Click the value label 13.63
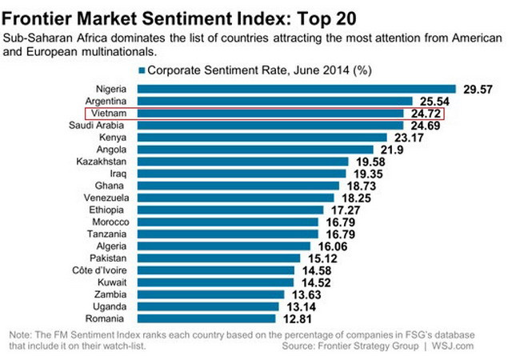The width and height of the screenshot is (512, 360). [x=303, y=294]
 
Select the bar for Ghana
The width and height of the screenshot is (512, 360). [x=239, y=186]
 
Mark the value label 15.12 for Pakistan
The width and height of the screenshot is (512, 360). [x=322, y=258]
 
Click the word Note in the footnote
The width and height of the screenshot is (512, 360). [x=18, y=334]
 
